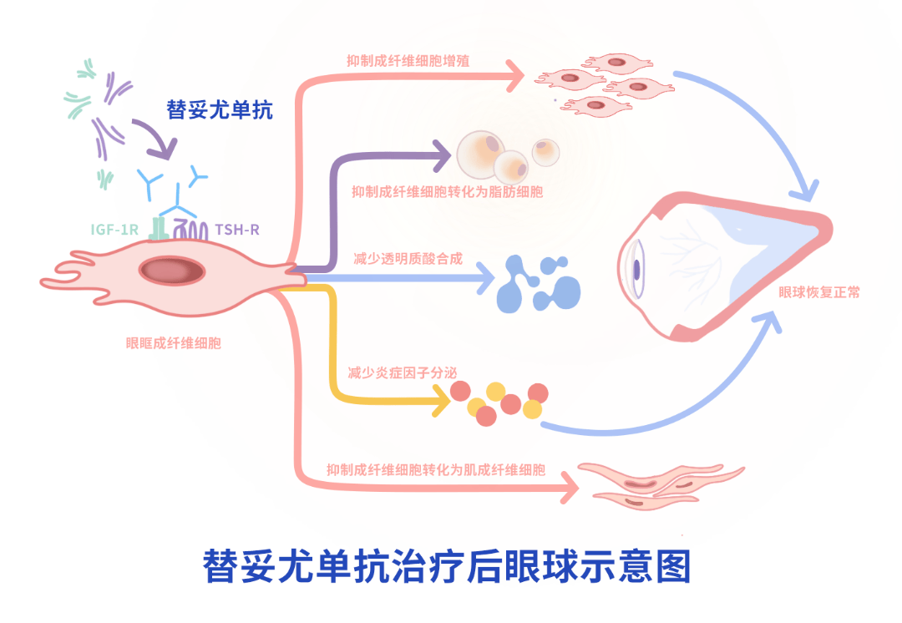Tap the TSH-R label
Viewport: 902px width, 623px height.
(237, 228)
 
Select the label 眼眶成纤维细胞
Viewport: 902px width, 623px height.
(174, 342)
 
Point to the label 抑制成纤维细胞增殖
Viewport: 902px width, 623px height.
(408, 61)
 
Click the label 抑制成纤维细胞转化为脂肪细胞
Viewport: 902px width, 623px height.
(448, 192)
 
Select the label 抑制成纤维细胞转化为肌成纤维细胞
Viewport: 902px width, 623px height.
(436, 469)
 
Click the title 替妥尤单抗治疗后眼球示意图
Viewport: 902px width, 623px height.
(448, 566)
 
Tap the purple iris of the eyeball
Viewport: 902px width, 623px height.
(637, 269)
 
